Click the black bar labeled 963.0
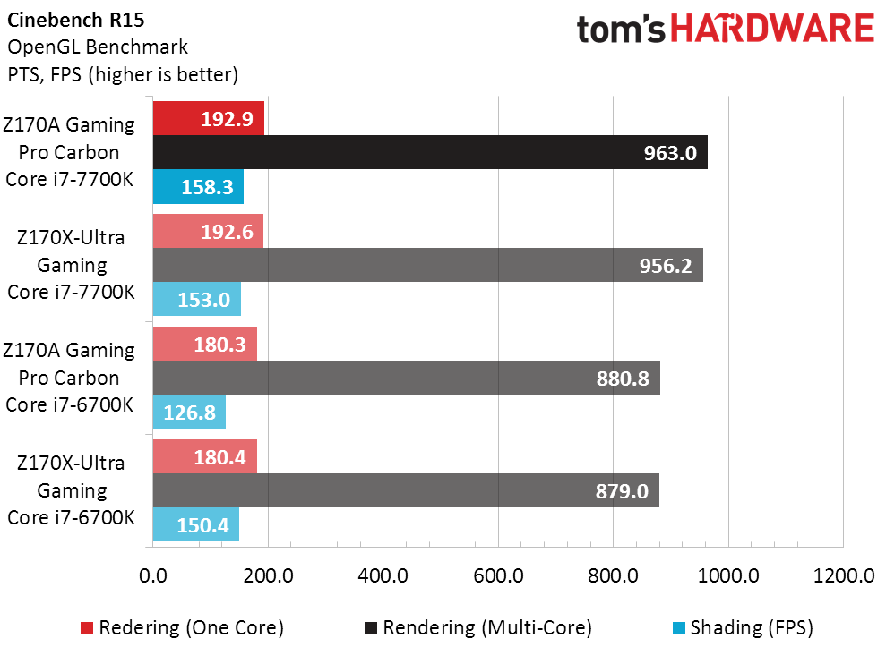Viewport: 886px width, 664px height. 430,153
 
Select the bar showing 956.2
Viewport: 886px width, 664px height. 427,266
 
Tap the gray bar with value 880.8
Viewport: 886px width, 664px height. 406,379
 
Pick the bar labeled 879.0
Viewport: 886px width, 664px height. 406,491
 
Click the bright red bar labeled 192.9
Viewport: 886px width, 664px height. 208,119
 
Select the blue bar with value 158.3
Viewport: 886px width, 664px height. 198,187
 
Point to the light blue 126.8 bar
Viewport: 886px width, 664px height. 189,413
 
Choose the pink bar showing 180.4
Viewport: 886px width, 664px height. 205,457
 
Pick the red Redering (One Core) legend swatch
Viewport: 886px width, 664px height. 87,628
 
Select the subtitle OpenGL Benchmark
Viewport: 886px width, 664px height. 98,47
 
